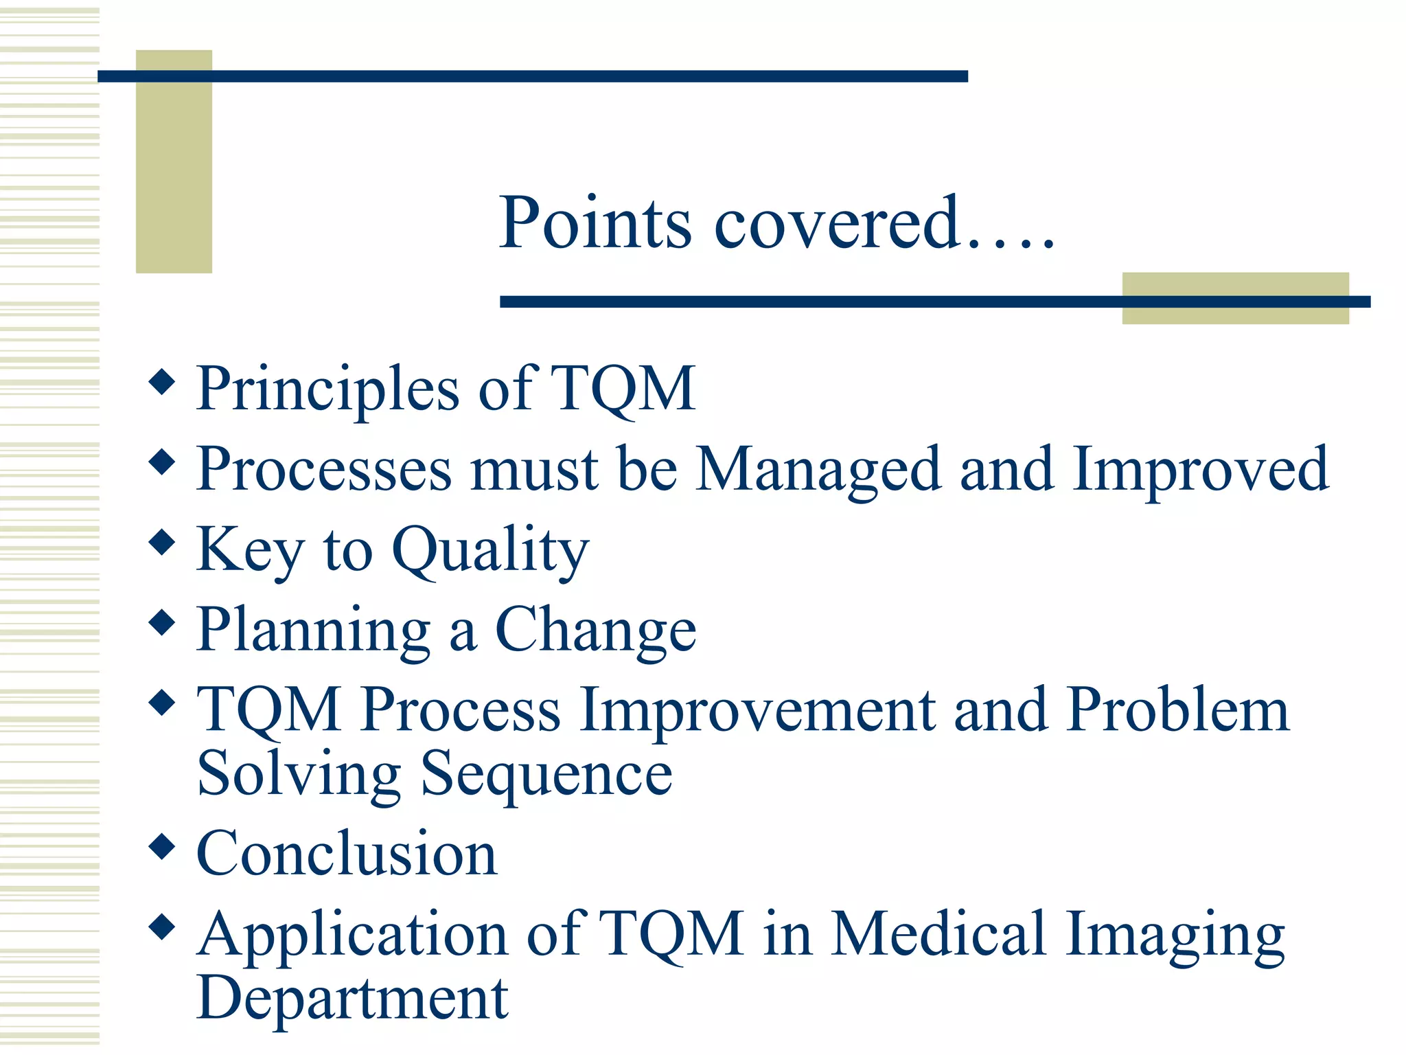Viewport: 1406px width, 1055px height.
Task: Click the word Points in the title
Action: [x=595, y=223]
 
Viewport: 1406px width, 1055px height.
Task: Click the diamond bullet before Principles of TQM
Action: [x=162, y=381]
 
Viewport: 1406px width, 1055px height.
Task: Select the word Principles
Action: [x=327, y=389]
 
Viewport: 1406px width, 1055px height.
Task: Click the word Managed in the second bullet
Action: [x=818, y=470]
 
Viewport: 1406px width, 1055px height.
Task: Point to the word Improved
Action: [x=1200, y=470]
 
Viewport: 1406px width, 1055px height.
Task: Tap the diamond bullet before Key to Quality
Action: [x=162, y=542]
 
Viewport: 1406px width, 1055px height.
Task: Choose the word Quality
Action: [x=490, y=551]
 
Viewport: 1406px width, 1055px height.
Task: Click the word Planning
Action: [x=313, y=631]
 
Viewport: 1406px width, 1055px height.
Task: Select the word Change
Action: [x=595, y=631]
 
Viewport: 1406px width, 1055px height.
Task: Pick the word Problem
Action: [x=1177, y=710]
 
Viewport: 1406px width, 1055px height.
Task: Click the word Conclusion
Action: [x=347, y=854]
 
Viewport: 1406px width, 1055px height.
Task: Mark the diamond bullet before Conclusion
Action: [x=162, y=846]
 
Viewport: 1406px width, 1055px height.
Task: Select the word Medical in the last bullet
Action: [x=938, y=934]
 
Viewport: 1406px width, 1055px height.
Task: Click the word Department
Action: [x=352, y=999]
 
